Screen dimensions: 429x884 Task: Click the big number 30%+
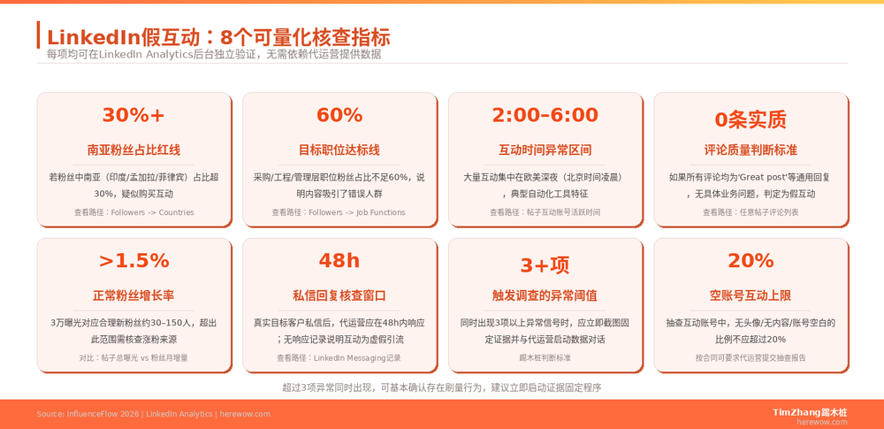(133, 116)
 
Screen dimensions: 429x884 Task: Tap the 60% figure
(339, 116)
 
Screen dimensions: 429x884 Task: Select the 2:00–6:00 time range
(545, 116)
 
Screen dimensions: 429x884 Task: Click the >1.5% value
(133, 261)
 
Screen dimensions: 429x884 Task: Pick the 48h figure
(339, 261)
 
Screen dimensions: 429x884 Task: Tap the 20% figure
(751, 261)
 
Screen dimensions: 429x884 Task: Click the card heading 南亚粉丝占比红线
(133, 150)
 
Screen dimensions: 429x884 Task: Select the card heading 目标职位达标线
(339, 150)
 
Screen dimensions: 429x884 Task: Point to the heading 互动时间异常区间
(545, 150)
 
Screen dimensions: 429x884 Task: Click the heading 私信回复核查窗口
(339, 295)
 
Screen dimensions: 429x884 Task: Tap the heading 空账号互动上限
(751, 295)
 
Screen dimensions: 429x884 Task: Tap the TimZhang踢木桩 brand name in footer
(809, 411)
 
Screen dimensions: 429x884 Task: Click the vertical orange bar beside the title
(38, 35)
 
